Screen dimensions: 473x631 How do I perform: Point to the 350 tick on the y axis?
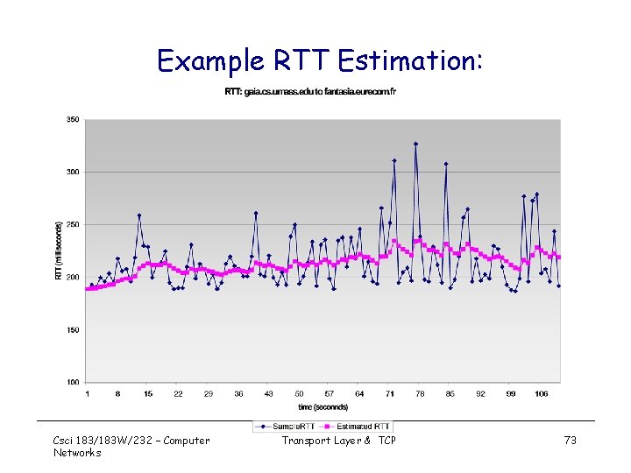[72, 119]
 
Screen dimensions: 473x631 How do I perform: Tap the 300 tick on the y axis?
[72, 172]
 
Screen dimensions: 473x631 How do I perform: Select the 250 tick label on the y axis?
[72, 225]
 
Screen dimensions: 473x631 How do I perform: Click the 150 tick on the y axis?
[72, 330]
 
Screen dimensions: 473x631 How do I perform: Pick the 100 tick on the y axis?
[72, 383]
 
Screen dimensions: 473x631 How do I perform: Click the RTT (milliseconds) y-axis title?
[59, 251]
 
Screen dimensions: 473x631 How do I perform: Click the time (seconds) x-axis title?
[323, 406]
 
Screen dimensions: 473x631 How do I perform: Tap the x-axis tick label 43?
[269, 394]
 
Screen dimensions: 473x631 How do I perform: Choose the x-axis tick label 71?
[390, 394]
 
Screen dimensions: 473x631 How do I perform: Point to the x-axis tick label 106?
[541, 394]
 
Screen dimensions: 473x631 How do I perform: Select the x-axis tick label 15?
[148, 394]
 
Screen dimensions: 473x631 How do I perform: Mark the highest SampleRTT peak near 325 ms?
[416, 144]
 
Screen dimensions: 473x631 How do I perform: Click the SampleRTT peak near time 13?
[139, 215]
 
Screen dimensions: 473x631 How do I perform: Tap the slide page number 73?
[570, 441]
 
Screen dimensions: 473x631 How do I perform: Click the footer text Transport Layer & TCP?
[338, 441]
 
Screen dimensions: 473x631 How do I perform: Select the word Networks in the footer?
[77, 453]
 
